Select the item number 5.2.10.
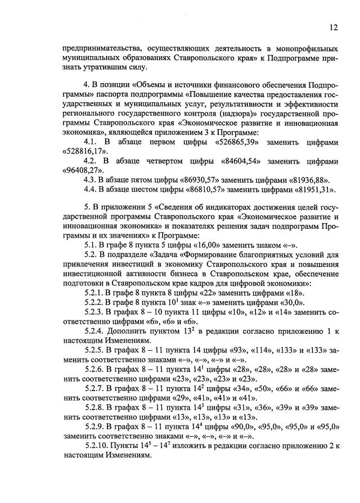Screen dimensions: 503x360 coord(97,446)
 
